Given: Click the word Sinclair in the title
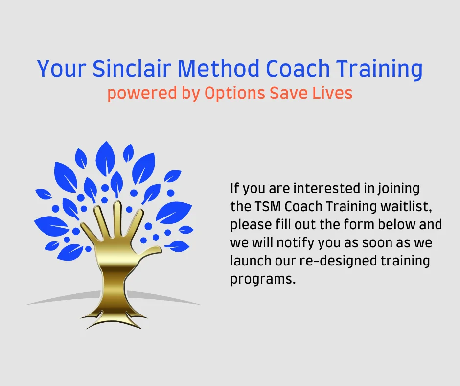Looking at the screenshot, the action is (x=132, y=69).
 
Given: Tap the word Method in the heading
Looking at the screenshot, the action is (x=219, y=69).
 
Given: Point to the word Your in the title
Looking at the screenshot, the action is (x=61, y=69).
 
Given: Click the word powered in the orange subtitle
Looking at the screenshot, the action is (x=142, y=94).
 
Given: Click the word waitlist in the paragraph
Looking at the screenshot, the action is (x=406, y=207).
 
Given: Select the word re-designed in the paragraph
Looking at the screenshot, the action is (x=338, y=262).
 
